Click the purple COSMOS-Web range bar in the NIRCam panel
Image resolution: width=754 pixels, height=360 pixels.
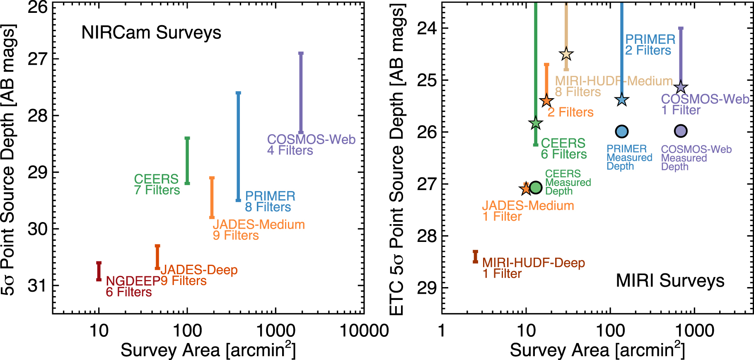pos(301,93)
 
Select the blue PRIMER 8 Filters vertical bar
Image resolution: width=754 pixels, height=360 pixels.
pos(238,147)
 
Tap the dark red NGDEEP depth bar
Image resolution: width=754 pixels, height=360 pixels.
pos(99,271)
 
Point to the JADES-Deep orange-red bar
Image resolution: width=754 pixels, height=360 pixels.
pos(157,257)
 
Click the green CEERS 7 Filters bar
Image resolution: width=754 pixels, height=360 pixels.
pos(187,161)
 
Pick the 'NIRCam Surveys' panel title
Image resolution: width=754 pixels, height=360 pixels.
pos(151,33)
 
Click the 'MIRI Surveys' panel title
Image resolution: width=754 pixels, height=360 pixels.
pos(670,280)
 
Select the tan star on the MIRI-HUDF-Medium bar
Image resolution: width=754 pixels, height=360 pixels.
pos(566,54)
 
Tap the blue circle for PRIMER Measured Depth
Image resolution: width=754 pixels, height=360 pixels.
pos(621,131)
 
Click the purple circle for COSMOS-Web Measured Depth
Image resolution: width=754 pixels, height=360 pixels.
pos(681,131)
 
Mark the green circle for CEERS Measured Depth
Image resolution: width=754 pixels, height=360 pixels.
pos(536,188)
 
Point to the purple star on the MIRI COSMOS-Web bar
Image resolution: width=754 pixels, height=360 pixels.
pos(681,88)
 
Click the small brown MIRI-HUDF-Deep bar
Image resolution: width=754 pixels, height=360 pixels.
pos(475,257)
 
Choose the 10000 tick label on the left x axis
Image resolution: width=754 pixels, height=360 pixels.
pos(364,331)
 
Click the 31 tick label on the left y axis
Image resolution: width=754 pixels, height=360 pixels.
pos(38,285)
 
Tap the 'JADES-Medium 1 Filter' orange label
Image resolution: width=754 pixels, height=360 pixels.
pos(528,211)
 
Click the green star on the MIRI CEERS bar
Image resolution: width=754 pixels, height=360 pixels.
pos(536,123)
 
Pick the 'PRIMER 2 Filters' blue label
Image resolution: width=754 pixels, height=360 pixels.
pos(650,45)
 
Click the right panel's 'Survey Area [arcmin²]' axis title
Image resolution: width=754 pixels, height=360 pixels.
pos(597,350)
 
